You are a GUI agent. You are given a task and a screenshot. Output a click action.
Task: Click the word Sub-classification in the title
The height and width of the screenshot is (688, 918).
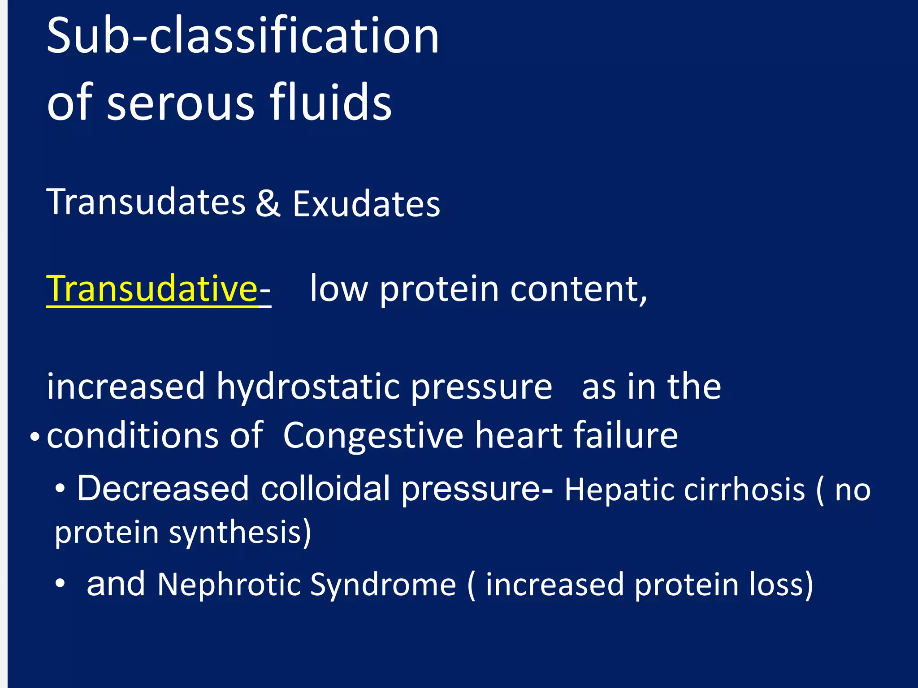(x=242, y=36)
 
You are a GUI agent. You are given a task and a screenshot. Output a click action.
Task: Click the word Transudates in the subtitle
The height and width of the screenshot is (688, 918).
(x=146, y=202)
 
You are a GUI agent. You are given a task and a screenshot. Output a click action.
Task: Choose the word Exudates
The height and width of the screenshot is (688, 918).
(x=366, y=204)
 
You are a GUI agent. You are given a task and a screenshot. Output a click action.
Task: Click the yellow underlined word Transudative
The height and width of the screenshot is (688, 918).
(x=152, y=289)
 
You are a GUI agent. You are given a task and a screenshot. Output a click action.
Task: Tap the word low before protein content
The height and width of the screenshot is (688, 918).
(x=338, y=289)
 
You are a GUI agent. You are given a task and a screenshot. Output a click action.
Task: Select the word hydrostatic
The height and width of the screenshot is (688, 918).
(x=312, y=387)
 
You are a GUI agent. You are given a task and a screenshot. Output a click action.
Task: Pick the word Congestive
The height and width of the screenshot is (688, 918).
(x=373, y=435)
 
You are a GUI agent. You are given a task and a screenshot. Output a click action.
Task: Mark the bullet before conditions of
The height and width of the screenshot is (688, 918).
(x=35, y=436)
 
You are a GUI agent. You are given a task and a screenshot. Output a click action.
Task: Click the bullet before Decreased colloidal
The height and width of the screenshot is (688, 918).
(x=60, y=490)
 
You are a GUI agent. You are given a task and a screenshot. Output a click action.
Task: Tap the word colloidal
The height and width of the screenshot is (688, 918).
(x=325, y=489)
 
